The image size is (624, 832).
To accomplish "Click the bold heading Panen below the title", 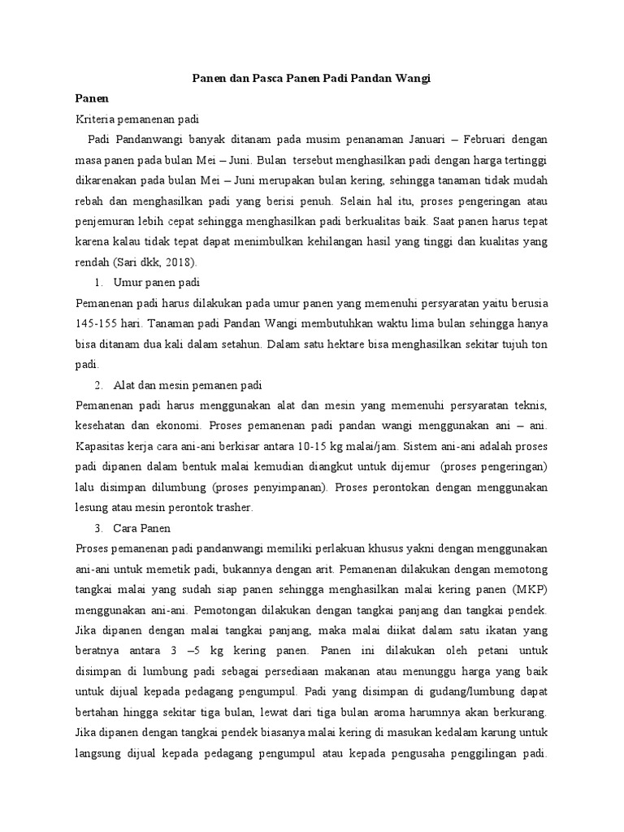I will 92,98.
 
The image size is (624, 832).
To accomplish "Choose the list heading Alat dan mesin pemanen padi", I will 188,383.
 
